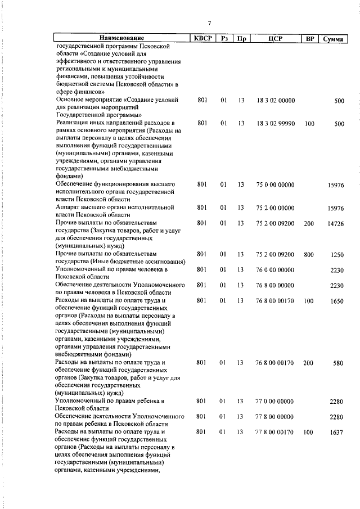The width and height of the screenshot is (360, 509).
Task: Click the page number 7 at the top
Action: (209, 23)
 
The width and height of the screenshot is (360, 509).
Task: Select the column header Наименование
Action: (120, 38)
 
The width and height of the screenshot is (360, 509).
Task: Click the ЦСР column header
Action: (275, 38)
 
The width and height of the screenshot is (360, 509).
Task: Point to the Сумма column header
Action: (334, 39)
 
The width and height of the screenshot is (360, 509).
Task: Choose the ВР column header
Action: (309, 38)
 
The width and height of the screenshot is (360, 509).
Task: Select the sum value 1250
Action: (336, 255)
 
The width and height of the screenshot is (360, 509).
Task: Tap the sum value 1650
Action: (336, 301)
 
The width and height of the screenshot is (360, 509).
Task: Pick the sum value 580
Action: (337, 363)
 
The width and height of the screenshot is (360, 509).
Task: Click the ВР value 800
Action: (309, 254)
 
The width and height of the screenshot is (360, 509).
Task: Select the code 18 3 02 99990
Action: (275, 123)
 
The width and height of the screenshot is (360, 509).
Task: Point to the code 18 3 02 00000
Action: (275, 100)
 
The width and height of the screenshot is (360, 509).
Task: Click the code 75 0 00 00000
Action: (275, 184)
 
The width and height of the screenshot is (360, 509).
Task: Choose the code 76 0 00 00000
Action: (275, 270)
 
